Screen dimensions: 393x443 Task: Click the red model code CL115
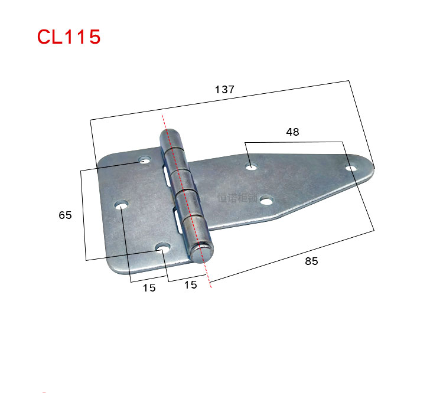[69, 37]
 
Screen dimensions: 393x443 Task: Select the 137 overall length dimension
[224, 90]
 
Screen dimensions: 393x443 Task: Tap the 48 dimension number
[292, 132]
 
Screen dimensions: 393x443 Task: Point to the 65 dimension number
[65, 215]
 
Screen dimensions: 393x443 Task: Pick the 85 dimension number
[311, 261]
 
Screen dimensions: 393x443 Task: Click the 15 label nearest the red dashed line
[190, 286]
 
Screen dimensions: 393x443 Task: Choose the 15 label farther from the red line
[149, 288]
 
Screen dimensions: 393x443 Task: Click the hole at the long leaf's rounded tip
[351, 169]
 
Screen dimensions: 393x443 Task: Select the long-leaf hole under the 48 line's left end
[252, 167]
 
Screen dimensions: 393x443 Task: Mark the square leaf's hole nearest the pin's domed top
[145, 160]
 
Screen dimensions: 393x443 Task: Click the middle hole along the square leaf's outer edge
[122, 205]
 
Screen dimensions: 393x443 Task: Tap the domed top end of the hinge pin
[171, 135]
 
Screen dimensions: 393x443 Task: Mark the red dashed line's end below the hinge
[210, 287]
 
